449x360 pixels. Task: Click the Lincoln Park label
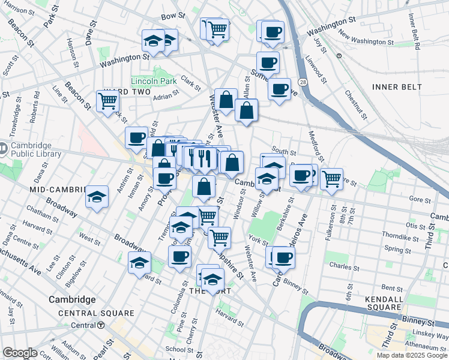click(x=154, y=80)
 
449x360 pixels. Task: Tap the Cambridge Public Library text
click(x=35, y=149)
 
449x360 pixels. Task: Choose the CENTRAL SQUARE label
click(x=96, y=313)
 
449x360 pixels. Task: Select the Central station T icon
click(x=101, y=325)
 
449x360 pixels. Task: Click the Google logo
click(x=20, y=353)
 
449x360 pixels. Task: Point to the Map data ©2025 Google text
click(x=411, y=355)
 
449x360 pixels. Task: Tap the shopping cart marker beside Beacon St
click(x=107, y=101)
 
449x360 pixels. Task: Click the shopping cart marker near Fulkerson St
click(x=331, y=178)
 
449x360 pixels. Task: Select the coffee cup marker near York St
click(x=284, y=257)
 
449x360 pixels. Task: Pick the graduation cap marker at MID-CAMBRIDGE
click(x=96, y=197)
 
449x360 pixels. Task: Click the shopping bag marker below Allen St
click(x=247, y=111)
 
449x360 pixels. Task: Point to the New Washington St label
click(x=366, y=43)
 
